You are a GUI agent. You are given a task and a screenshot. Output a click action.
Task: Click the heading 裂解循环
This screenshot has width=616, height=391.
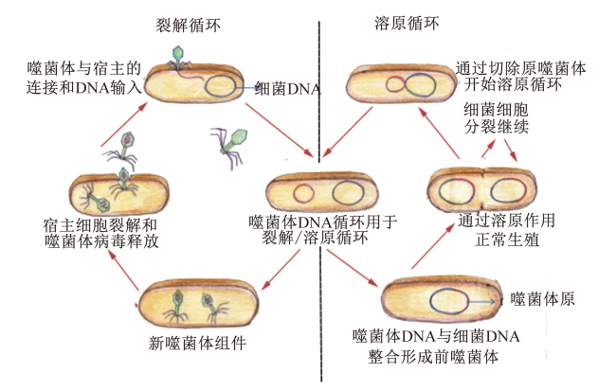[x=188, y=26]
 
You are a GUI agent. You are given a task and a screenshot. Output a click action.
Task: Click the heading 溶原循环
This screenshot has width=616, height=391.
[x=407, y=23]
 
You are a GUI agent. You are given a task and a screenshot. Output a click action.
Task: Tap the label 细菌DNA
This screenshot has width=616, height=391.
[x=288, y=89]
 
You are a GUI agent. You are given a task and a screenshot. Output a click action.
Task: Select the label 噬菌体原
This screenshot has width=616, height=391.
[x=542, y=299]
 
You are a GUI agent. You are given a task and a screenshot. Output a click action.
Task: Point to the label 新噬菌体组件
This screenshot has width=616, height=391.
[x=198, y=343]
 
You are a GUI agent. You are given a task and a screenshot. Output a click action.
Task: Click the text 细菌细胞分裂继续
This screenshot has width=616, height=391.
[x=496, y=118]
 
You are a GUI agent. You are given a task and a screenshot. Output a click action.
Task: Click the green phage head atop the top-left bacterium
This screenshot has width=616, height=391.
[x=178, y=52]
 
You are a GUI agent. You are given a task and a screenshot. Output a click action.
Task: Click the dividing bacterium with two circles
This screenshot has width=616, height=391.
[x=481, y=190]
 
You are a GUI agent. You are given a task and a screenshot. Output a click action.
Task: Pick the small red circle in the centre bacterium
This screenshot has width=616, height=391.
[x=303, y=193]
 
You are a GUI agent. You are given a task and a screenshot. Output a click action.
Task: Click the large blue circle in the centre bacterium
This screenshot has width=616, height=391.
[x=348, y=193]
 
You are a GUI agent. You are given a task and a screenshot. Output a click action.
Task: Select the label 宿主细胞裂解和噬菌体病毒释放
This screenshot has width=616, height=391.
[x=101, y=234]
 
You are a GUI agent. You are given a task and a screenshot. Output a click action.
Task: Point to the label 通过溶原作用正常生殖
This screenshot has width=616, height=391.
[x=507, y=230]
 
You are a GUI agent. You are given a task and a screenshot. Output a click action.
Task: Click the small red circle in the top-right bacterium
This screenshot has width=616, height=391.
[x=395, y=84]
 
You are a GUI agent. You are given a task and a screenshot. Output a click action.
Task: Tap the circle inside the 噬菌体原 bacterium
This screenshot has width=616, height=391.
[x=449, y=301]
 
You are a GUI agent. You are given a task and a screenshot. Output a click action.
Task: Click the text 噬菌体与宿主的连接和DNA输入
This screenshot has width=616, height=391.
[x=83, y=78]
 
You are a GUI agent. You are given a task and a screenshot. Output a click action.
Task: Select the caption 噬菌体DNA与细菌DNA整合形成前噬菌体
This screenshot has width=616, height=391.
[x=436, y=347]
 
